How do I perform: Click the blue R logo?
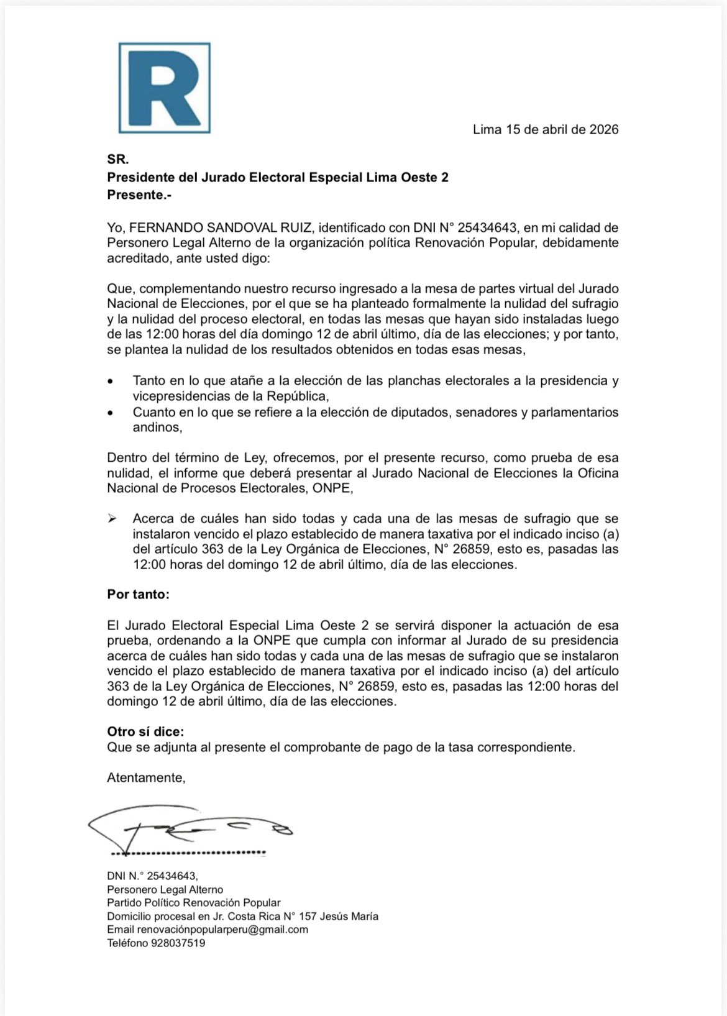pyautogui.click(x=165, y=88)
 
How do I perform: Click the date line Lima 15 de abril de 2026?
pyautogui.click(x=545, y=130)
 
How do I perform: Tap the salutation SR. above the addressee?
pyautogui.click(x=117, y=160)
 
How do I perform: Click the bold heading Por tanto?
pyautogui.click(x=138, y=594)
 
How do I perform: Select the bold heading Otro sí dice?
pyautogui.click(x=145, y=731)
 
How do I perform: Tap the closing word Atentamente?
pyautogui.click(x=146, y=777)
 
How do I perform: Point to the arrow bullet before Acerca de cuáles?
pyautogui.click(x=112, y=519)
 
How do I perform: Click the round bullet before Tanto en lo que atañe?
pyautogui.click(x=111, y=381)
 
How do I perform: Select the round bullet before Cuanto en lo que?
pyautogui.click(x=111, y=413)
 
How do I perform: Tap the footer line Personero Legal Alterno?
pyautogui.click(x=165, y=890)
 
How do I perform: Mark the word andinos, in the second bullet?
pyautogui.click(x=157, y=428)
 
